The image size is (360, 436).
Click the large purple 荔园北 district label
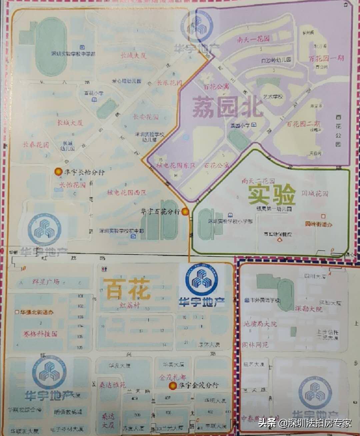[228, 107]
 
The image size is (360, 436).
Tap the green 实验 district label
[272, 195]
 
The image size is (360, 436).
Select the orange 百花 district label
[127, 289]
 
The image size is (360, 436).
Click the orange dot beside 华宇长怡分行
[59, 171]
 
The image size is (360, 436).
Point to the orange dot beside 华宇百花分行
[185, 211]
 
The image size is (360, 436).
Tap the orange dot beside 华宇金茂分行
[173, 386]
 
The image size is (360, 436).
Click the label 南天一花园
[253, 39]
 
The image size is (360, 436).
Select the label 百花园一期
[326, 59]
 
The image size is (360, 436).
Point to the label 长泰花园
[36, 144]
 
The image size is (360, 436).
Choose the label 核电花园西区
[127, 192]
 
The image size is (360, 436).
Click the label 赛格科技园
[40, 334]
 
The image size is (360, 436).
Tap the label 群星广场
[46, 281]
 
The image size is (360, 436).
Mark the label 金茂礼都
[172, 377]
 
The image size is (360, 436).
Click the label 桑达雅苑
[113, 385]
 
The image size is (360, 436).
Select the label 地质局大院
[260, 324]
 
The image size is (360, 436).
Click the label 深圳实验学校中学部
[73, 54]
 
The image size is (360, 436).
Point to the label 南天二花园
[258, 181]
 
